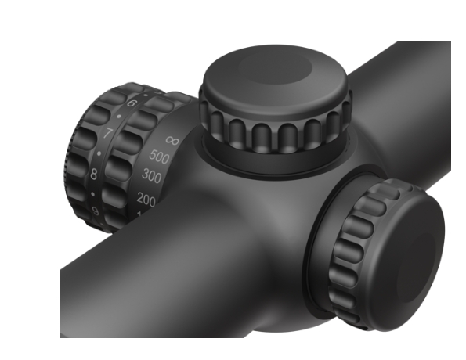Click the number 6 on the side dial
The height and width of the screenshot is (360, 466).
tap(130, 104)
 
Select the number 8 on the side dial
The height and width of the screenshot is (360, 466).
tap(93, 174)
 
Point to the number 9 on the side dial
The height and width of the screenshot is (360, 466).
tap(96, 211)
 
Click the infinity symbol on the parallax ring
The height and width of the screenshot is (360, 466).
tap(173, 139)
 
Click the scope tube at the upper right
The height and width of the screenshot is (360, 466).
tap(407, 102)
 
